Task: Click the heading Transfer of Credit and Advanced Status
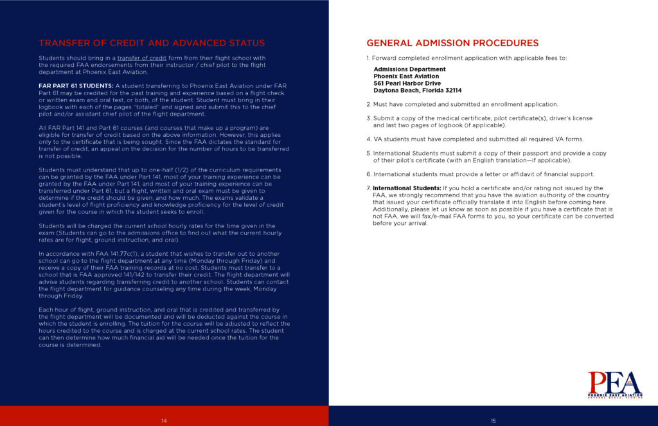(x=152, y=43)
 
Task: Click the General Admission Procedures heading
(x=452, y=43)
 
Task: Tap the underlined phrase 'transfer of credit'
(x=141, y=58)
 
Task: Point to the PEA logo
(x=614, y=384)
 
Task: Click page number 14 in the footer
(x=164, y=420)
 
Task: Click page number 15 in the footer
(x=493, y=420)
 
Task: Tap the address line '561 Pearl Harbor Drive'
(x=407, y=84)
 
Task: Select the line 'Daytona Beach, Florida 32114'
(x=417, y=91)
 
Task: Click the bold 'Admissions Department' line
(x=409, y=69)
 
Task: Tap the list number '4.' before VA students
(x=369, y=139)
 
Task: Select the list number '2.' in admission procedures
(x=369, y=104)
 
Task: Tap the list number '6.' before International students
(x=369, y=174)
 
